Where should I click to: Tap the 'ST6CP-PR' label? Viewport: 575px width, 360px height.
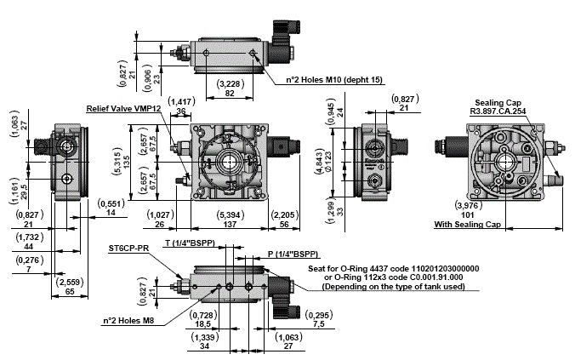coord(129,249)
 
